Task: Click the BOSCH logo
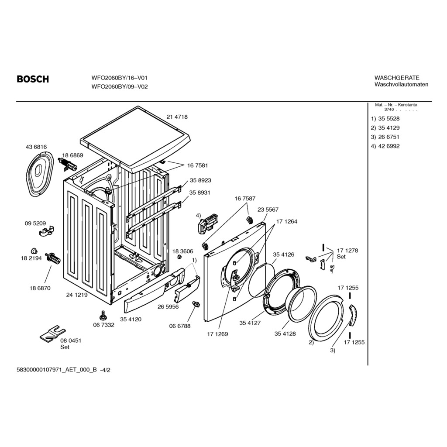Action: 33,79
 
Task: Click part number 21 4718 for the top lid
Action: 177,117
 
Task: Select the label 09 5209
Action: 35,223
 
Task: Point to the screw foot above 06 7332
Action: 103,314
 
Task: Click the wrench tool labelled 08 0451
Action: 51,333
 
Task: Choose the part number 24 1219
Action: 77,295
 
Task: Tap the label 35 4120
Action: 131,320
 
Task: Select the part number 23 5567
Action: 268,210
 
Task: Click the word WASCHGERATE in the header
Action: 397,78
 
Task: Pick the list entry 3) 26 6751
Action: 385,137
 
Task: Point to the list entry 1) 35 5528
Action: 385,119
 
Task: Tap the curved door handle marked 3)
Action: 351,316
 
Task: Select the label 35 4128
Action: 285,334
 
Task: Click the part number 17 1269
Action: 217,334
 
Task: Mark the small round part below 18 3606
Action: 179,257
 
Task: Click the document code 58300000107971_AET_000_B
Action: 58,370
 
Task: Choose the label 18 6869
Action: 72,155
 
